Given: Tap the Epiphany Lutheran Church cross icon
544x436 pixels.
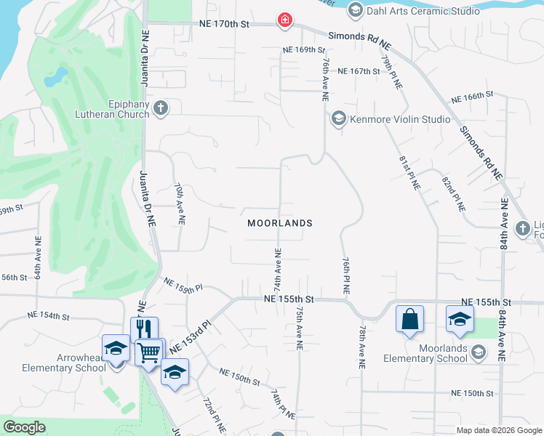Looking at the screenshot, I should pos(161,108).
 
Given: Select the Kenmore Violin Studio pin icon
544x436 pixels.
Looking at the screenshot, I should pos(337,118).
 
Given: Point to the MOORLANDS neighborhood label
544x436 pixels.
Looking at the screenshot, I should pos(280,223).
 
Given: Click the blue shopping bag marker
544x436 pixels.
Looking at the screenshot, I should pos(409,319).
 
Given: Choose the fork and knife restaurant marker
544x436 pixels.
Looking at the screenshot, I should pos(144,330).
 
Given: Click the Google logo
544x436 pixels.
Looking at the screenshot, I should pos(25,427).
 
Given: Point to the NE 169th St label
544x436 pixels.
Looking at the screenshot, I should pos(304,50).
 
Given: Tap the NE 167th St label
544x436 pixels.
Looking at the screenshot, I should pos(359,71).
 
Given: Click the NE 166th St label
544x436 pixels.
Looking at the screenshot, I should pos(472,96).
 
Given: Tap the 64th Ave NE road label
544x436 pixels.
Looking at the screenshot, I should pos(38,262).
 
